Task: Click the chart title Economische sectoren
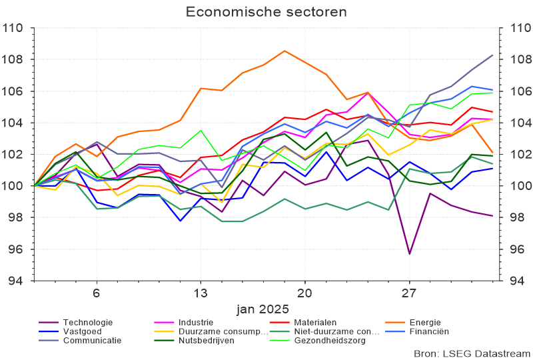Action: coord(266,12)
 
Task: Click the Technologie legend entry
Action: coord(87,323)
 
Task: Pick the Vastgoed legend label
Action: coord(84,331)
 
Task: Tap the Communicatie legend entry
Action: coord(92,340)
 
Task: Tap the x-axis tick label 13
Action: coord(201,293)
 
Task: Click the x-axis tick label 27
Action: coord(409,293)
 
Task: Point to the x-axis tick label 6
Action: coord(97,293)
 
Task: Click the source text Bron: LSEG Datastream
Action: coord(470,352)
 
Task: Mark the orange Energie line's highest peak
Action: coord(284,51)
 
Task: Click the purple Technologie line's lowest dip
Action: coord(409,254)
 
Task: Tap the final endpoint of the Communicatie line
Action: coord(492,55)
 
